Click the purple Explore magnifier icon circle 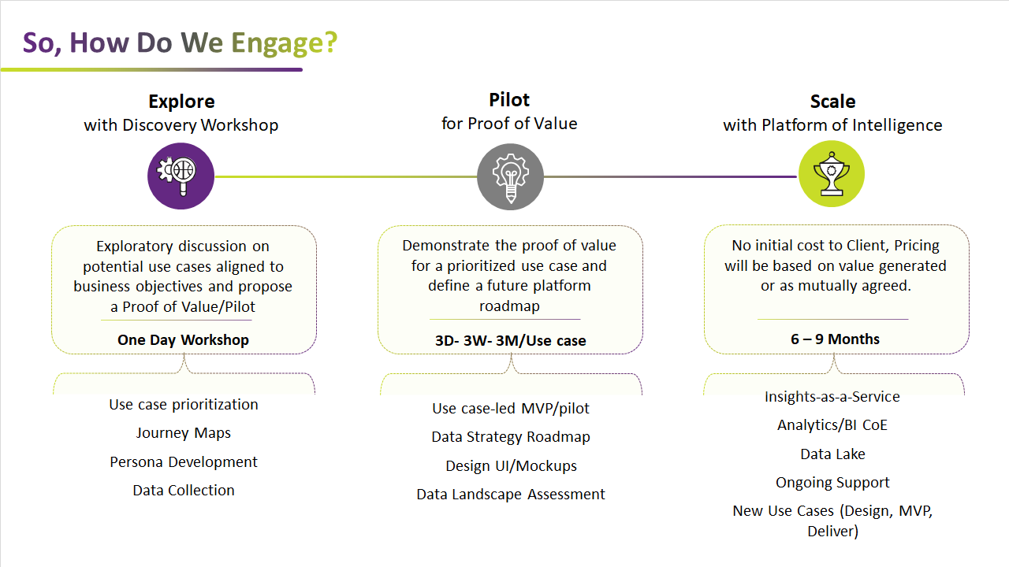coord(181,176)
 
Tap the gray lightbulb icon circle coord(510,176)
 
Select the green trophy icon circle coord(832,174)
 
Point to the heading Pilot coord(509,100)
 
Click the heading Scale coord(833,102)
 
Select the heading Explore coord(181,102)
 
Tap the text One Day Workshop coord(184,339)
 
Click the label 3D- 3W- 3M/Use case coord(510,341)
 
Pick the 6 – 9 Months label coord(835,339)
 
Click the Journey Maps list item coord(184,433)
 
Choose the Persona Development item coord(184,462)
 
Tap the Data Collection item coord(184,490)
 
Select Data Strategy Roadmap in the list coord(511,437)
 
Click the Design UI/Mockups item coord(512,465)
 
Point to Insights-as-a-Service coord(832,396)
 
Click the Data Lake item coord(833,454)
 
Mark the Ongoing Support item coord(833,483)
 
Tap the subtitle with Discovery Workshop coord(181,125)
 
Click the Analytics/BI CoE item coord(832,425)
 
